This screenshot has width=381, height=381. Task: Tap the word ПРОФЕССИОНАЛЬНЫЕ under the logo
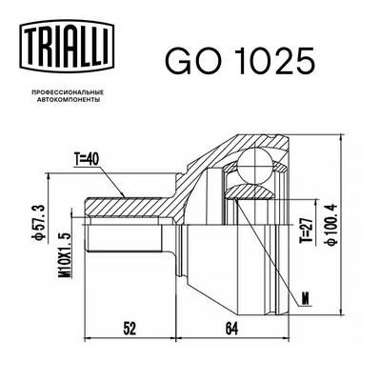pos(67,92)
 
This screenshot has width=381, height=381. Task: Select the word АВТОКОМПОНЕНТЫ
pos(69,100)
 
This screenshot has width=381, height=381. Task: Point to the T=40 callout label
pos(87,160)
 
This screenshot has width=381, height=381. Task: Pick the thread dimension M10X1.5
pos(66,255)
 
